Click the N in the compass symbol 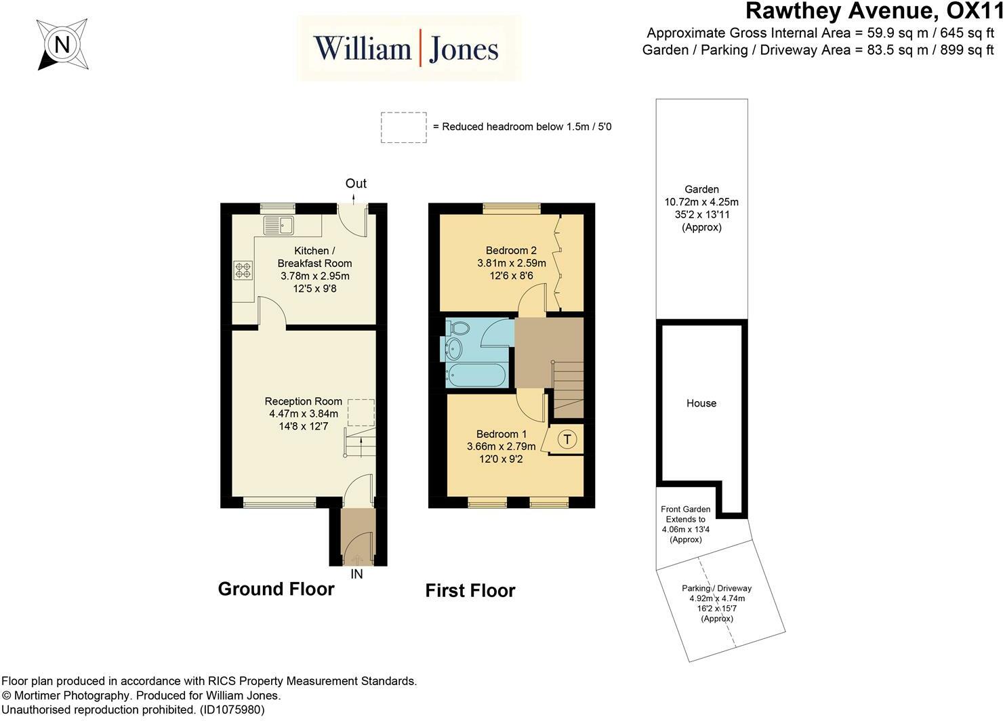coord(62,44)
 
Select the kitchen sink coord(278,225)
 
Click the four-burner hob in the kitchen coord(243,270)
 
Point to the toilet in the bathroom coord(458,328)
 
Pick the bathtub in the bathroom coord(476,374)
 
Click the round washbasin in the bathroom coord(454,349)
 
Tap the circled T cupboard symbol coord(567,439)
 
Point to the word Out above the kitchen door coord(356,183)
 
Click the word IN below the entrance coord(356,574)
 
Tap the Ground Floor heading coord(277,589)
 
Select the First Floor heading coord(470,591)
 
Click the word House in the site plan coord(701,403)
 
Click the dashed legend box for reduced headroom coord(404,127)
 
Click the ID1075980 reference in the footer coord(232,709)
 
